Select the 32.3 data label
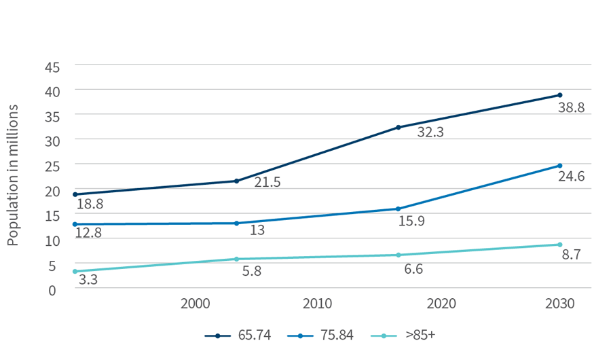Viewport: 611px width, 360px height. [430, 132]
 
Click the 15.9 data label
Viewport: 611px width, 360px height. [411, 221]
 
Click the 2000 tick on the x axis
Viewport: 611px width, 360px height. [195, 304]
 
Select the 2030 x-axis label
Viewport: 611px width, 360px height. [559, 304]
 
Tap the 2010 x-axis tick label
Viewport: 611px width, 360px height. [317, 304]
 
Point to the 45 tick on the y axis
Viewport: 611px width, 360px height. [53, 66]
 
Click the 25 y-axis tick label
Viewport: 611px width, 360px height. [53, 165]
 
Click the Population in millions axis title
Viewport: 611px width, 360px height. [14, 175]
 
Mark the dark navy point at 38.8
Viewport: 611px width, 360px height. [559, 95]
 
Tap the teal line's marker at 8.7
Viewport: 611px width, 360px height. [559, 245]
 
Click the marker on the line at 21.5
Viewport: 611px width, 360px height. [236, 181]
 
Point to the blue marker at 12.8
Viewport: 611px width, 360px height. [75, 224]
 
